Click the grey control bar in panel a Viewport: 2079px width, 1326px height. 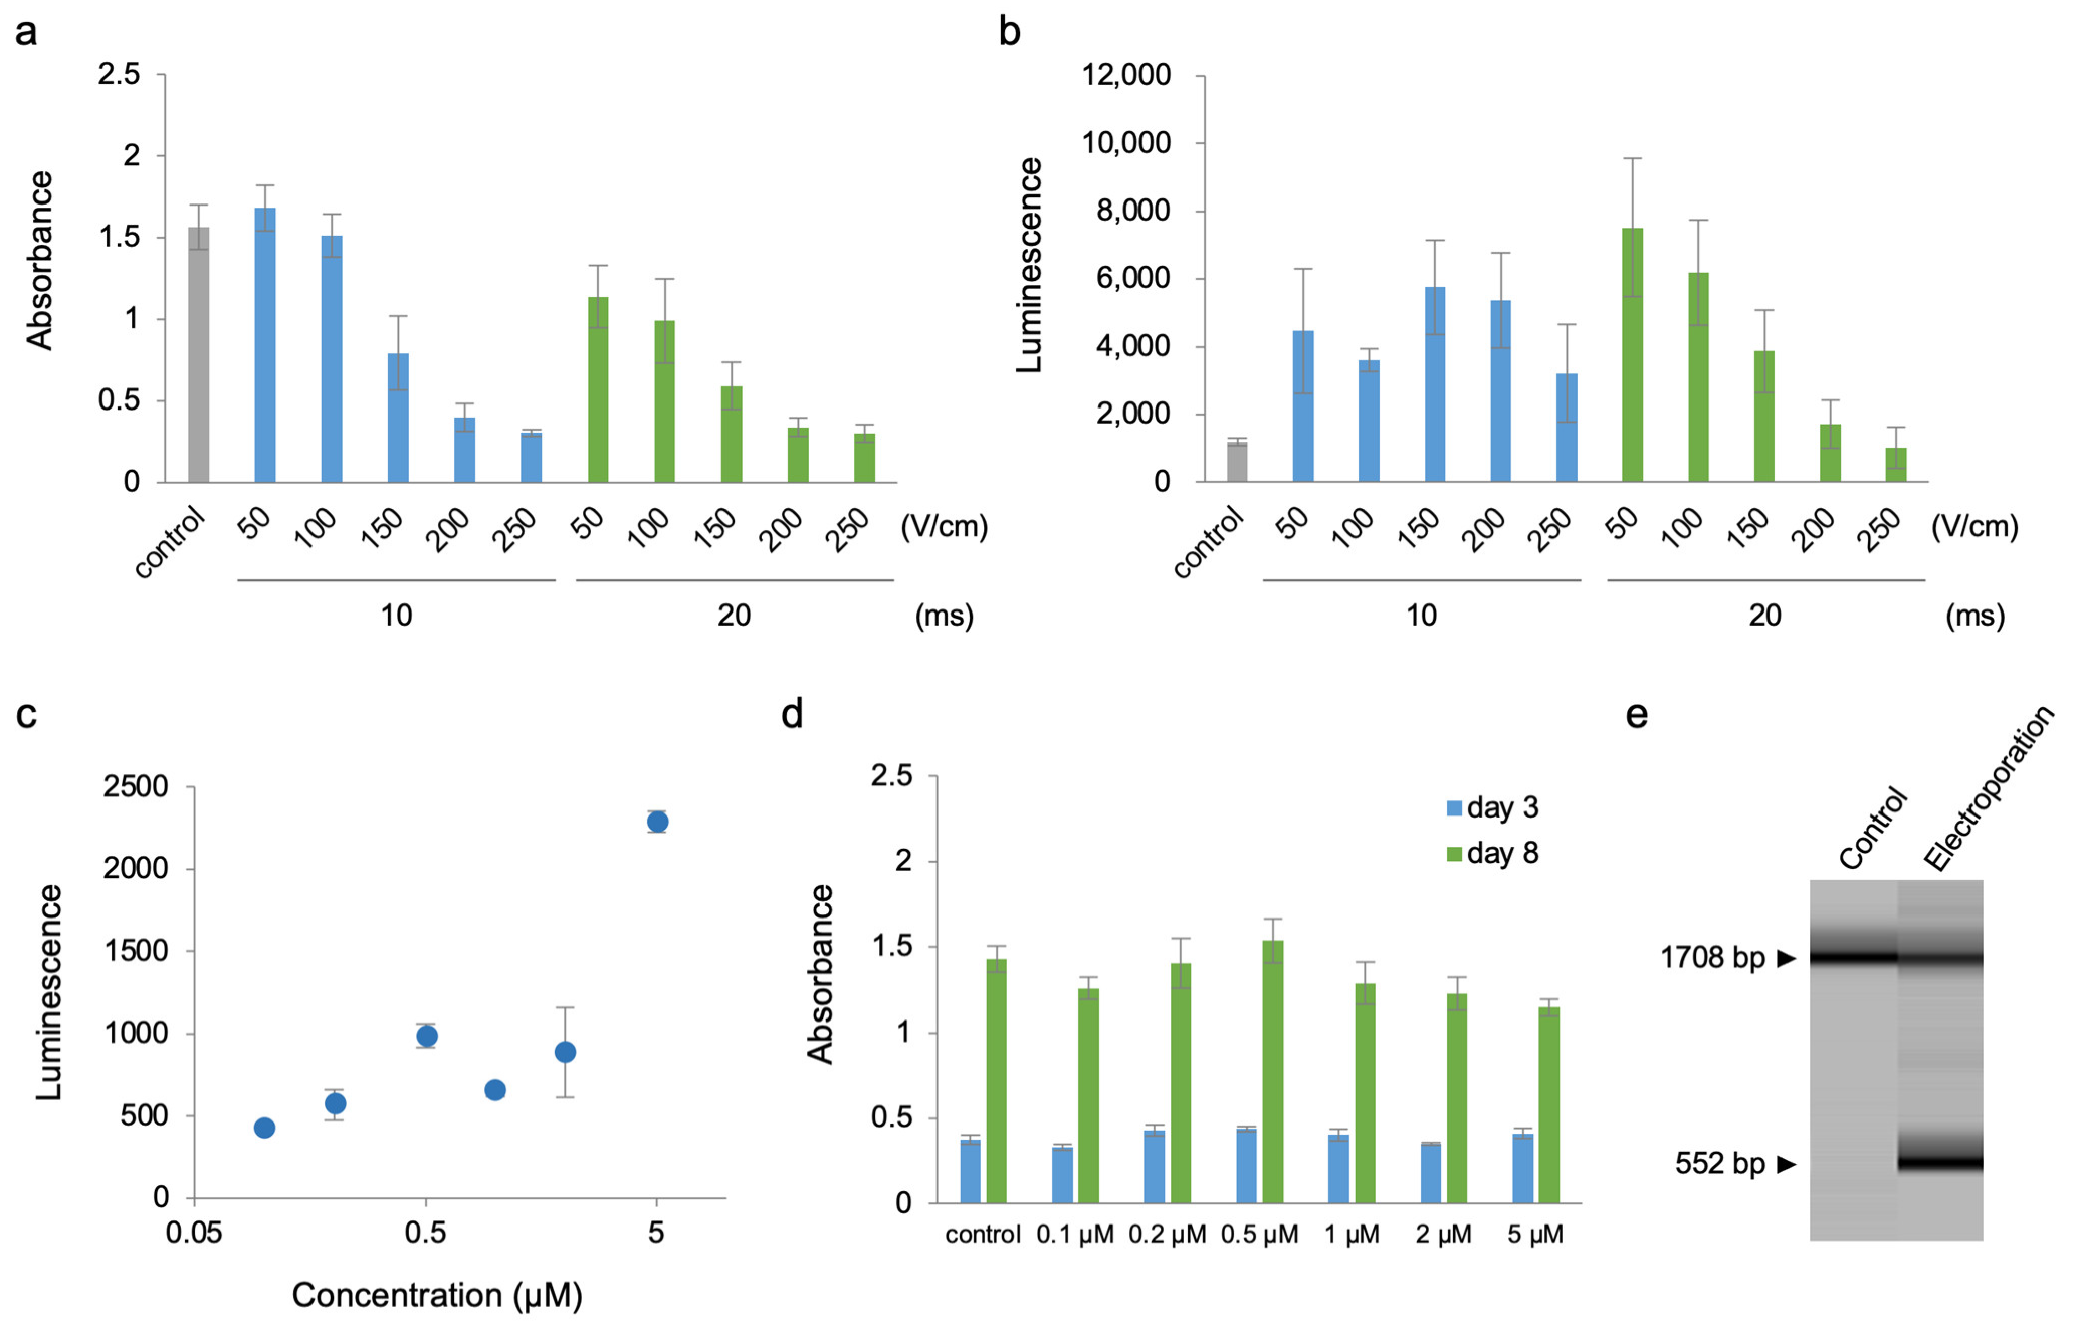(x=198, y=355)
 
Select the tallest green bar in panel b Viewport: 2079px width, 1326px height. (x=1633, y=355)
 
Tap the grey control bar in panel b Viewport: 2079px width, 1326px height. (x=1237, y=462)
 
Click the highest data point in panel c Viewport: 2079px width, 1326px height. (x=657, y=821)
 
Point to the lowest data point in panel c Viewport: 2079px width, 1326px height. (x=265, y=1128)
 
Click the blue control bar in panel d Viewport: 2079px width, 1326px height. (x=971, y=1171)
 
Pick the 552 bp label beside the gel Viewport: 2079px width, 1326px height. (x=1720, y=1164)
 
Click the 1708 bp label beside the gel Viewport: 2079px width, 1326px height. (x=1713, y=957)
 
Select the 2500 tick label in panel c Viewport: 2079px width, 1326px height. (x=136, y=786)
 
